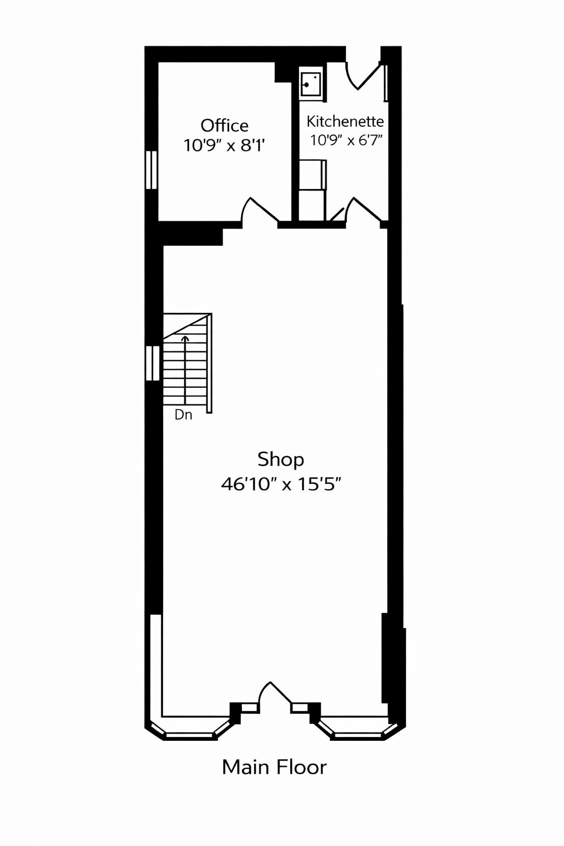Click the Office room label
click(x=224, y=126)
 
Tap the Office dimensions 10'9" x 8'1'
click(x=224, y=145)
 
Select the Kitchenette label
click(x=345, y=121)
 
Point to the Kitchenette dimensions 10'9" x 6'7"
click(x=346, y=140)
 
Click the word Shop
click(x=280, y=459)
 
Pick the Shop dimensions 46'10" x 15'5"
click(x=281, y=484)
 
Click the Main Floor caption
click(x=274, y=767)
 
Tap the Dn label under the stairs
click(x=183, y=415)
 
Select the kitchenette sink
click(x=311, y=84)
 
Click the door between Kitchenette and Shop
click(x=363, y=212)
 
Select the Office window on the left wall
click(x=151, y=170)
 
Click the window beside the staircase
click(x=152, y=362)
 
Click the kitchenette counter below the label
click(x=312, y=175)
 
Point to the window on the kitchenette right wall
click(x=386, y=83)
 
